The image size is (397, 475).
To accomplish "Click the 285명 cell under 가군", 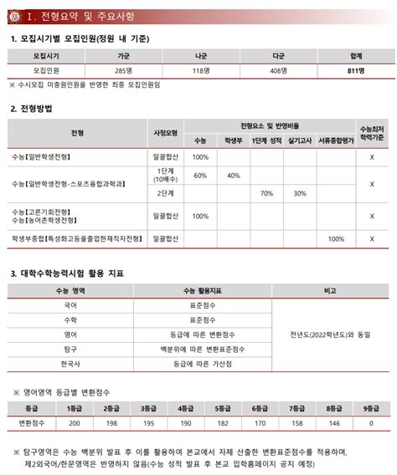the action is pyautogui.click(x=123, y=71).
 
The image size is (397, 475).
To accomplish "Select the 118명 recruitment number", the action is pyautogui.click(x=201, y=71).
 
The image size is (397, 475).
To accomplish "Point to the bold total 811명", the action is pyautogui.click(x=356, y=71).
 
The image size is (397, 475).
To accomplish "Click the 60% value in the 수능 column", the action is pyautogui.click(x=200, y=176).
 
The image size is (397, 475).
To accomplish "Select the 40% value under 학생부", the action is pyautogui.click(x=234, y=176).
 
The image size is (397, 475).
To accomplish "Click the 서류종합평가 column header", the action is pyautogui.click(x=336, y=141).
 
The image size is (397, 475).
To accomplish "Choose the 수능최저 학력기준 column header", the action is pyautogui.click(x=372, y=133).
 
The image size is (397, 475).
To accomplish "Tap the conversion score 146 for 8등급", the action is pyautogui.click(x=334, y=423).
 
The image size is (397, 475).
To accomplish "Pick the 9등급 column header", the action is pyautogui.click(x=371, y=409).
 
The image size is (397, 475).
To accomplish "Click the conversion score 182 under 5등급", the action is pyautogui.click(x=223, y=423).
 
